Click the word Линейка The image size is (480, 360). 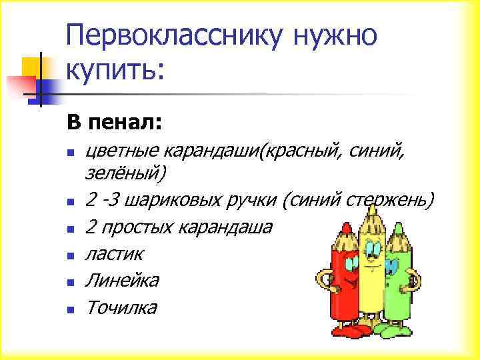tap(122, 281)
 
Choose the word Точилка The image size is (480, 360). tap(121, 307)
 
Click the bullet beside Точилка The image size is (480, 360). tap(70, 309)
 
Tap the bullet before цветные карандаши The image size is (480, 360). tap(70, 154)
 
